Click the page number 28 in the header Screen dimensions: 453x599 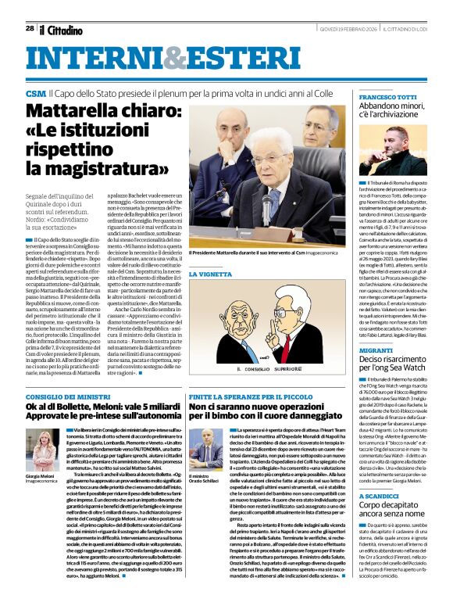point(30,28)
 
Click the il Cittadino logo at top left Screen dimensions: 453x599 point(62,30)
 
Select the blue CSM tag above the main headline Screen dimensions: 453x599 point(36,93)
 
